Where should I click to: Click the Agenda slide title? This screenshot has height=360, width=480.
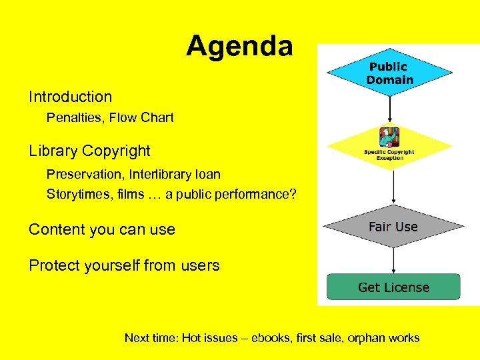tap(239, 46)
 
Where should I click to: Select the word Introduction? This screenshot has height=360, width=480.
tap(70, 97)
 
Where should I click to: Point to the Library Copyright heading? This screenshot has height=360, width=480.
tap(89, 151)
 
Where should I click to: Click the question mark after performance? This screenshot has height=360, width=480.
tap(293, 195)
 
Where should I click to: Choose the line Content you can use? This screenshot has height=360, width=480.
tap(101, 230)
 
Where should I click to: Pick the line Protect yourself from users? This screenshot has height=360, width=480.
tap(124, 266)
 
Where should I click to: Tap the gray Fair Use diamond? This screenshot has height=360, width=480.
tap(393, 227)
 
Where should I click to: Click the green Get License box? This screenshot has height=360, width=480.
tap(393, 287)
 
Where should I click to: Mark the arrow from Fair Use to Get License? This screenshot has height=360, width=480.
tap(393, 261)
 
